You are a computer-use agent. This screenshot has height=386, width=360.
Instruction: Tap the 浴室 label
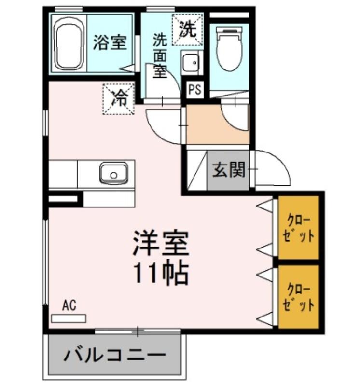pos(110,42)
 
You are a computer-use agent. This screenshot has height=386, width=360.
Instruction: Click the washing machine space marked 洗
pos(187,30)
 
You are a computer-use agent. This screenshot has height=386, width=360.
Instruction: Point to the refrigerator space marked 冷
pos(118,99)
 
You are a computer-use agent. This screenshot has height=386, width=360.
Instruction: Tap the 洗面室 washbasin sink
pos(191,62)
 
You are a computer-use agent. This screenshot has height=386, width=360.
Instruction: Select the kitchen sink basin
pos(113,173)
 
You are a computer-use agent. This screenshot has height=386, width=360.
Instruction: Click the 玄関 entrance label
pos(229,170)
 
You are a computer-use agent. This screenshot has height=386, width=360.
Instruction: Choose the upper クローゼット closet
pos(298,227)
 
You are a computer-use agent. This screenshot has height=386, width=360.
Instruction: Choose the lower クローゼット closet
pos(298,297)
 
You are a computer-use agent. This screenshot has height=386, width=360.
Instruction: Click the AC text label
pos(69,305)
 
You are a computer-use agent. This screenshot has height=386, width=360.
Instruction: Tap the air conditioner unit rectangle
pos(69,318)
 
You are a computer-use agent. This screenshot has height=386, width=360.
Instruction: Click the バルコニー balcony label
pos(115,355)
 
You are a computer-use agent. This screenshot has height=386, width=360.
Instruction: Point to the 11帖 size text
pos(161,274)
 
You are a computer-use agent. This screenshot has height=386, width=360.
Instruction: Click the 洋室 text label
pos(161,243)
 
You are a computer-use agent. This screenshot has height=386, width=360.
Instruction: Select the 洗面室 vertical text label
pos(160,56)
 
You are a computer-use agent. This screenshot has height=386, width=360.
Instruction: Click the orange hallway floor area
pos(218,124)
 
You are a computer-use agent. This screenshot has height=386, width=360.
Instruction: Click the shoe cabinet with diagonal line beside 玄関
pos(197,170)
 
